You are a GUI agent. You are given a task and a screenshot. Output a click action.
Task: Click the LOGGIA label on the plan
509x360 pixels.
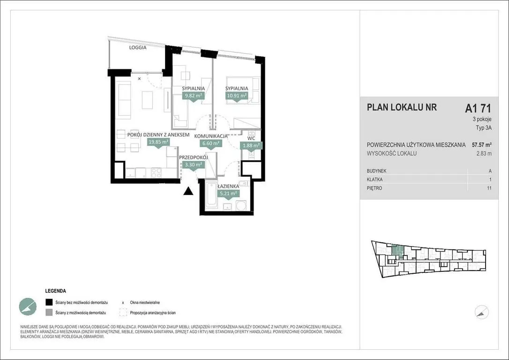pyautogui.click(x=138, y=47)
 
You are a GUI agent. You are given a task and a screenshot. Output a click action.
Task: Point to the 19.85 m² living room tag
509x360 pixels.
pyautogui.click(x=158, y=142)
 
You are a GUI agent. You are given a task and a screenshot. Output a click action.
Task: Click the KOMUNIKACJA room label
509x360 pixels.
pyautogui.click(x=210, y=136)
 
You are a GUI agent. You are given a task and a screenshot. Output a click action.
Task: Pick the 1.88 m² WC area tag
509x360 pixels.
pyautogui.click(x=251, y=146)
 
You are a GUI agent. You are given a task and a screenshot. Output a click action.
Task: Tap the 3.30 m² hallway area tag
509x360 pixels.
pyautogui.click(x=194, y=165)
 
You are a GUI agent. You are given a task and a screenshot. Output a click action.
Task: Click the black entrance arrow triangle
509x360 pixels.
pyautogui.click(x=188, y=192)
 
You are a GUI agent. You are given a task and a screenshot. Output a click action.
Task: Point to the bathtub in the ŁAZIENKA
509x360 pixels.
pyautogui.click(x=211, y=195)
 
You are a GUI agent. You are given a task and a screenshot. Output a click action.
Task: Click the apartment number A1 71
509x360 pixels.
pyautogui.click(x=478, y=108)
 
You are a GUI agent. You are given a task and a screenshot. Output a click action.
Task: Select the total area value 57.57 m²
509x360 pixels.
pyautogui.click(x=481, y=145)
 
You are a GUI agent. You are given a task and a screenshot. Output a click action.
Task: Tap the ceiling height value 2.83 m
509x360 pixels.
pyautogui.click(x=484, y=154)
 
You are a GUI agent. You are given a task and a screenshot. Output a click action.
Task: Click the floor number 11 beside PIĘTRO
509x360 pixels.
pyautogui.click(x=489, y=188)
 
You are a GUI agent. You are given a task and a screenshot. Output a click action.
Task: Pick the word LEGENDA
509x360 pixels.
pyautogui.click(x=55, y=291)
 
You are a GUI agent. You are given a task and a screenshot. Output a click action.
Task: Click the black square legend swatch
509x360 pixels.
pyautogui.click(x=49, y=302)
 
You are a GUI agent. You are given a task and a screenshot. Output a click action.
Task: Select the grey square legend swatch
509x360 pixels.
pyautogui.click(x=49, y=313)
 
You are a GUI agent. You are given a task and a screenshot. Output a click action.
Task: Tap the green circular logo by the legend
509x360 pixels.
pyautogui.click(x=28, y=307)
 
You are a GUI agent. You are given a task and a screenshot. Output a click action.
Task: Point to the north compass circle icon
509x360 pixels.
pyautogui.click(x=482, y=312)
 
